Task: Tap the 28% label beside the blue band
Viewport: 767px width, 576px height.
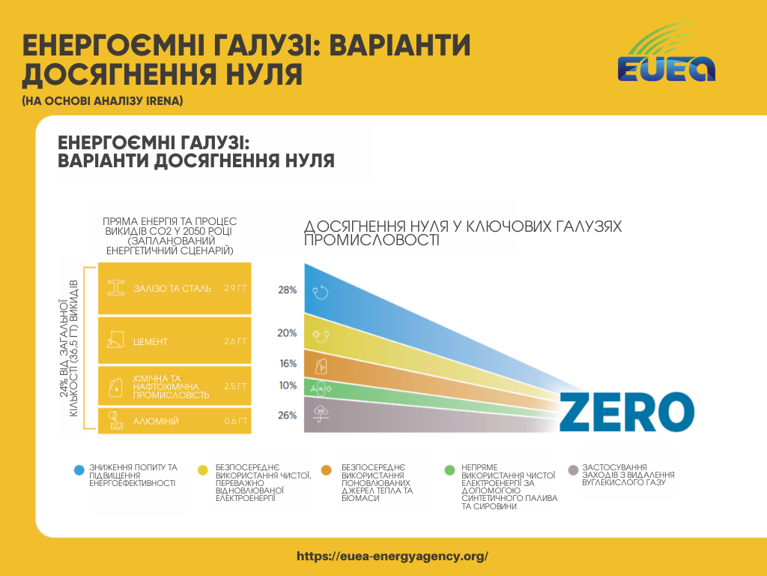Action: click(x=288, y=289)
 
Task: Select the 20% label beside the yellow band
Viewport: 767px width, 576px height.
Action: click(x=288, y=333)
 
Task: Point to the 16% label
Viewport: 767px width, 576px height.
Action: click(x=288, y=364)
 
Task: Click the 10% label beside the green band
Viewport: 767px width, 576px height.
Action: click(x=288, y=385)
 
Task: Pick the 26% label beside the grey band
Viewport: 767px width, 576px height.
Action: click(x=288, y=415)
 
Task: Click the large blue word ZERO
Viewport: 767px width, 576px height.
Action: click(x=626, y=412)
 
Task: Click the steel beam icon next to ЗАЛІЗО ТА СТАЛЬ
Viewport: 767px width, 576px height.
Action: click(x=116, y=288)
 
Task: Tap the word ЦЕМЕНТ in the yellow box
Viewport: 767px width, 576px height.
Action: click(x=150, y=342)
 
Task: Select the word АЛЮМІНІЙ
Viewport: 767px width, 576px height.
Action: click(x=155, y=421)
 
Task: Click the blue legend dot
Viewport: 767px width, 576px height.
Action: click(x=79, y=470)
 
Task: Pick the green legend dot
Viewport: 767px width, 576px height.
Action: click(x=449, y=470)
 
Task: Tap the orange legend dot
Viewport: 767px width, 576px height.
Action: click(x=326, y=470)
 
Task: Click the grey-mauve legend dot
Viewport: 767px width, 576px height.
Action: click(x=573, y=470)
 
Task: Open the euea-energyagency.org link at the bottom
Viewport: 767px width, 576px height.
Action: click(x=392, y=556)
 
